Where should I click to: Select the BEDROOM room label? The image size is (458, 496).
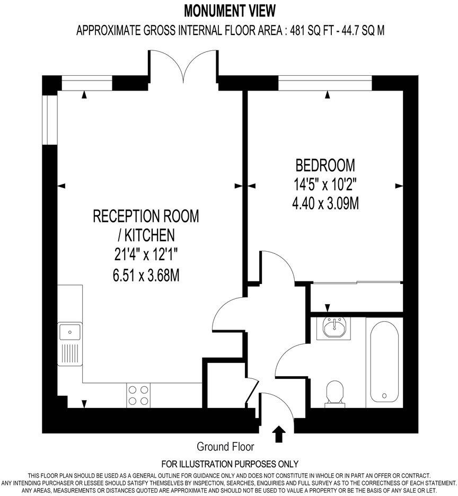[x=325, y=165]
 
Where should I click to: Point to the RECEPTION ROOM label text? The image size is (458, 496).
[x=146, y=216]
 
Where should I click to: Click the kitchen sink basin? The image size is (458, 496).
[x=69, y=332]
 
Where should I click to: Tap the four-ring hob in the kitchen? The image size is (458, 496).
[x=138, y=395]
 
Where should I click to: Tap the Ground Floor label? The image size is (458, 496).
[x=225, y=446]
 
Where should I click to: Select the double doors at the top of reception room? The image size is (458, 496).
[x=183, y=66]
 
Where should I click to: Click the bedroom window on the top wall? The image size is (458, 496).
[x=325, y=83]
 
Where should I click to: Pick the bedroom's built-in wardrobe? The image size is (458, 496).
[x=356, y=297]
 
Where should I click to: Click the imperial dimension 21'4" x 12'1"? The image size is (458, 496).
[x=146, y=254]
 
